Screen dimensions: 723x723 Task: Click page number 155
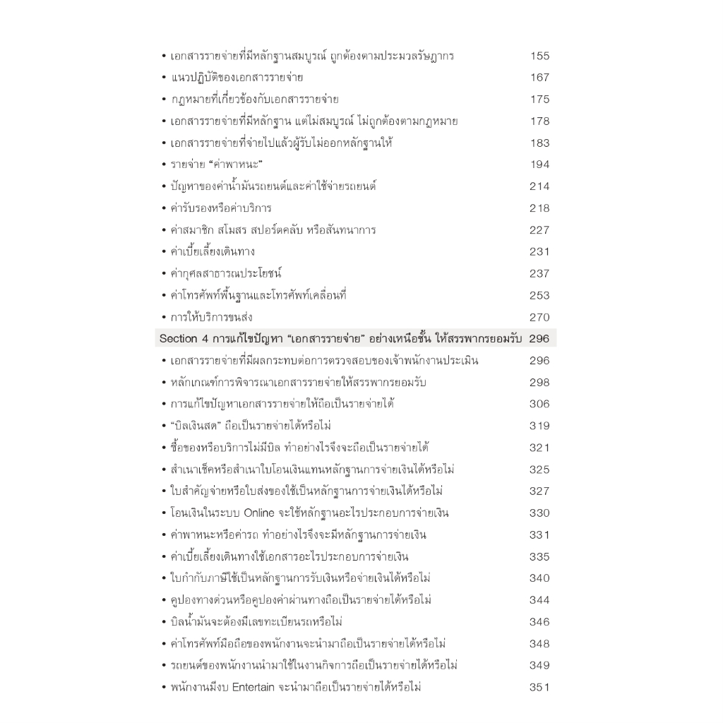539,56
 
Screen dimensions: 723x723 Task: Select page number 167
539,78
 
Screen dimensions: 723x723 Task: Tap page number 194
539,165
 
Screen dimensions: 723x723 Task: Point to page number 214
539,186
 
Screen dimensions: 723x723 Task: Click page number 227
539,230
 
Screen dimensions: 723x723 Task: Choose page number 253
539,295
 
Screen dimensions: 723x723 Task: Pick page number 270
539,317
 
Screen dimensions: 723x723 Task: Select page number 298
539,383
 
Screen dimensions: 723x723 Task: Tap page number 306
539,405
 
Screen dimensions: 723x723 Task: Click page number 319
539,426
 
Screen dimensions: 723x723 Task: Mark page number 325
539,470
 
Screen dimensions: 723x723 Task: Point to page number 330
539,513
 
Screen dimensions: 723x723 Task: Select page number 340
539,578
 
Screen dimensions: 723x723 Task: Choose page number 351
539,687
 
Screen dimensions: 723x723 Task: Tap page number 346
539,622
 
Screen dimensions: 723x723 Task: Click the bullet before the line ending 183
164,143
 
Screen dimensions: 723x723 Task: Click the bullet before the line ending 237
164,274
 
